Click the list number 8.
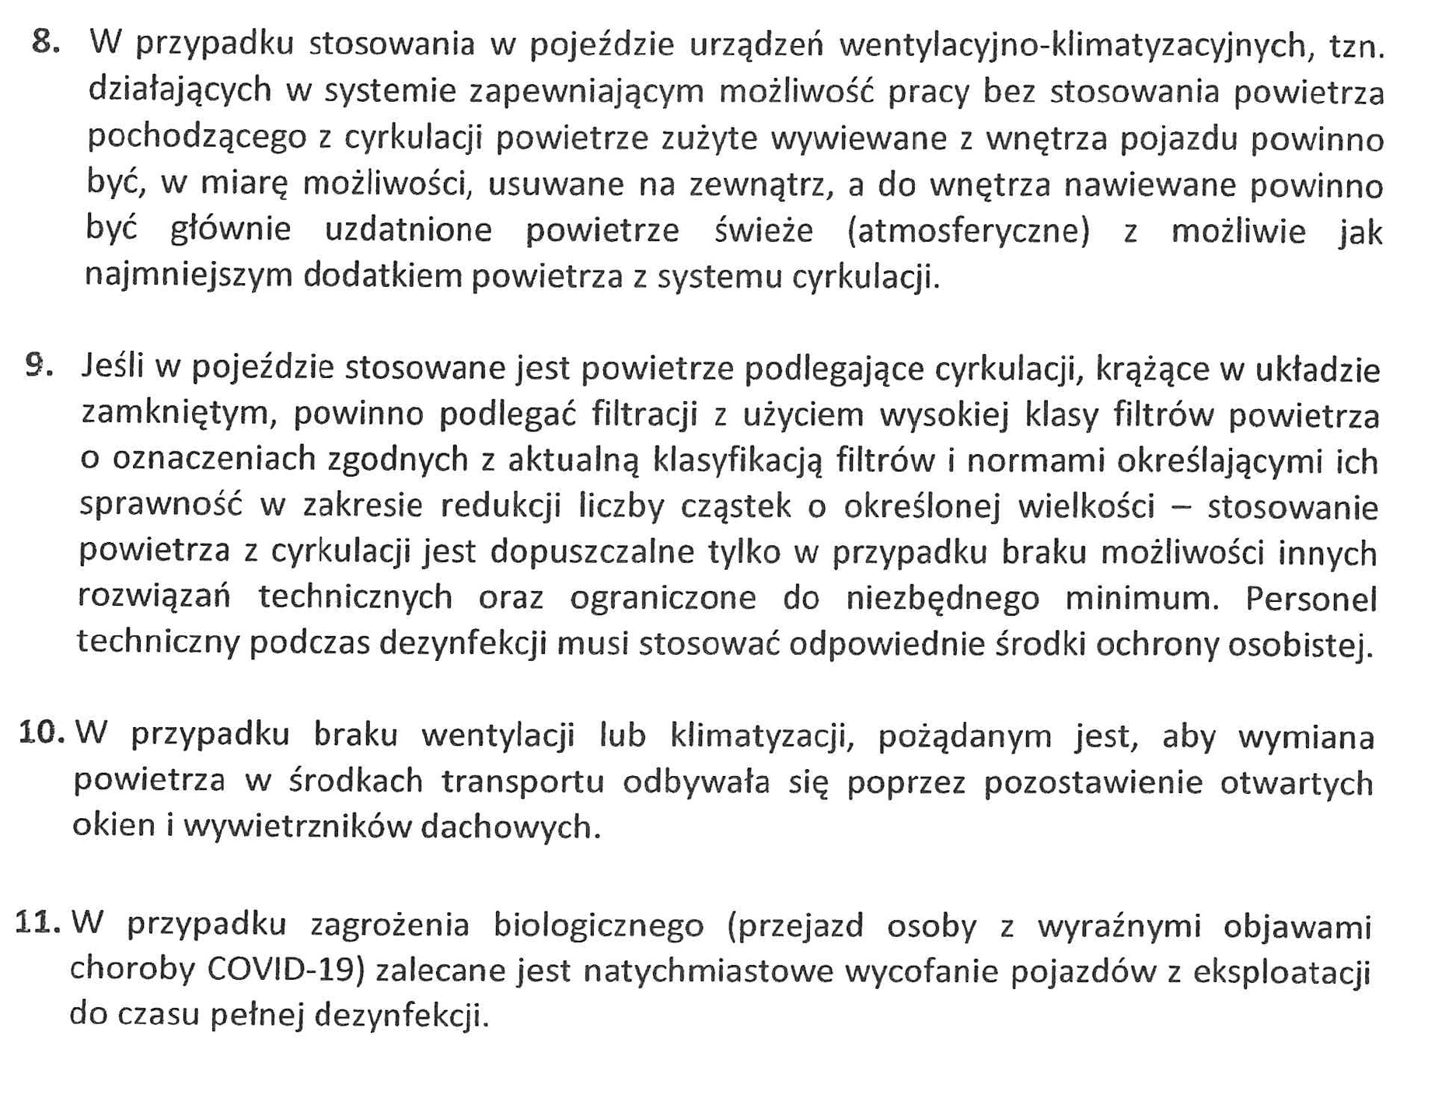point(46,42)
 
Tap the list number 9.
point(40,365)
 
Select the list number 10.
point(41,733)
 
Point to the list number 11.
point(37,923)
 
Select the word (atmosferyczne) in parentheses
point(968,232)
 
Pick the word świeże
point(763,231)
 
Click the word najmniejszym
point(187,276)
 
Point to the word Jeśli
point(112,366)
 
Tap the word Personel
point(1311,599)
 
